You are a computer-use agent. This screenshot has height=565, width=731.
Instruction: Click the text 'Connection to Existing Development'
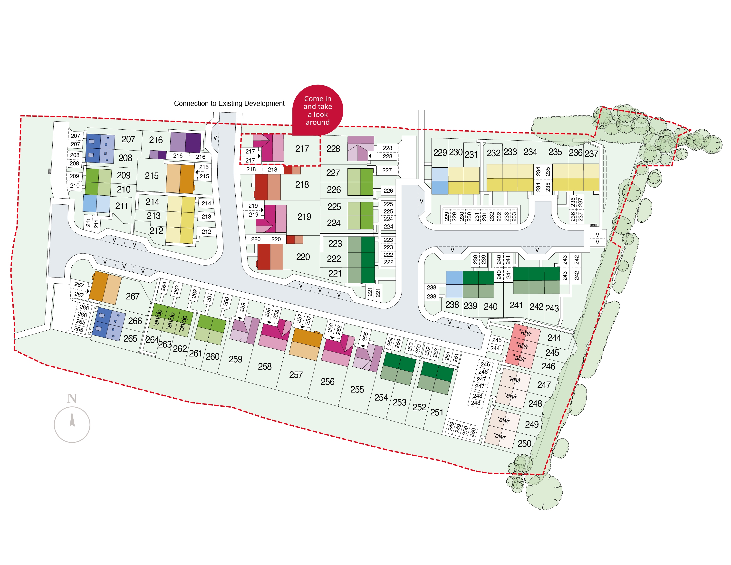pos(229,104)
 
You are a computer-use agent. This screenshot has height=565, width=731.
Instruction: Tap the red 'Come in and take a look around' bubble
pos(318,110)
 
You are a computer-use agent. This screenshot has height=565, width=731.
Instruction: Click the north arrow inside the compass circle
pos(72,420)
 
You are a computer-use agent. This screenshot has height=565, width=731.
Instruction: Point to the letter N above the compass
pos(72,398)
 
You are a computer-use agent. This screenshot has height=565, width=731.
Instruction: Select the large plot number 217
pos(302,149)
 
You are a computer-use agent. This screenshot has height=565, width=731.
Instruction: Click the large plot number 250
pos(524,443)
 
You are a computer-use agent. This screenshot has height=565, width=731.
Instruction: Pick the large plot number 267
pos(133,296)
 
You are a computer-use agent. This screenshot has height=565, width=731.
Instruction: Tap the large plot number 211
pos(122,206)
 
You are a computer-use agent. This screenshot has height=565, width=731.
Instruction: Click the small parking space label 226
pos(388,191)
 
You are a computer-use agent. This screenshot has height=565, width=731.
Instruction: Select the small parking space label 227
pos(387,170)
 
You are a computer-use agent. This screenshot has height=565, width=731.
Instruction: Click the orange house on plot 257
pos(305,344)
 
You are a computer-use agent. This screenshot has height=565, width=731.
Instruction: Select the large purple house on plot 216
pos(185,143)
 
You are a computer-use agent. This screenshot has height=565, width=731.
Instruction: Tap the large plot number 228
pos(333,149)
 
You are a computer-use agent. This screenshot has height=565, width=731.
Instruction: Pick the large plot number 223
pos(335,243)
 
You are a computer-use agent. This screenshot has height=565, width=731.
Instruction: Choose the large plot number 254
pos(381,397)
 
